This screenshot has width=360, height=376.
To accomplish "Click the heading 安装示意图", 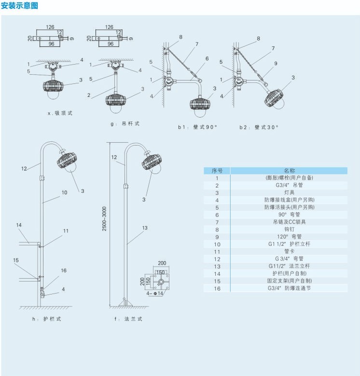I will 19,6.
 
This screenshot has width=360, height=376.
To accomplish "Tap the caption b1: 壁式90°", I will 197,127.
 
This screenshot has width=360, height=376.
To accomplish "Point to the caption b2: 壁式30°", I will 259,127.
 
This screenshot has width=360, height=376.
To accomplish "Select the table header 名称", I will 289,171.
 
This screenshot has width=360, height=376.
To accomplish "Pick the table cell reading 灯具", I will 289,192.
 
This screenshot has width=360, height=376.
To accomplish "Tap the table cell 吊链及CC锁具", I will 289,222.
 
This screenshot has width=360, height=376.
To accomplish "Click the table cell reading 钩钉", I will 289,229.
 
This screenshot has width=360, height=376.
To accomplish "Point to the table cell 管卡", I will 289,251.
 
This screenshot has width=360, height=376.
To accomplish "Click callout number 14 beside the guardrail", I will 19,225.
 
